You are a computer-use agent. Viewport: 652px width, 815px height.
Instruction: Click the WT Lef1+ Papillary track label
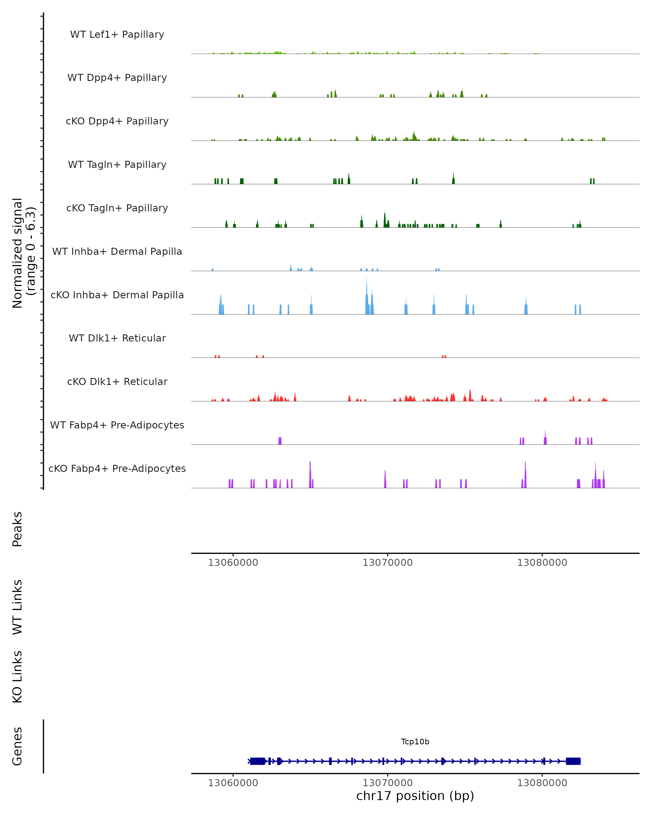(x=117, y=35)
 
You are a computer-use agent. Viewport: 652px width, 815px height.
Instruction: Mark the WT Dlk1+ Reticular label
(x=117, y=338)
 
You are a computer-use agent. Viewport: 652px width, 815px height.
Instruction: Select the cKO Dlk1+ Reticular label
(x=117, y=381)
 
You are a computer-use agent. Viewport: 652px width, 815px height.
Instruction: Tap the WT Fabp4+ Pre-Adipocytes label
(x=117, y=425)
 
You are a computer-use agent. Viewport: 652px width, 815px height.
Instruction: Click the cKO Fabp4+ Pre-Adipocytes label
(x=117, y=468)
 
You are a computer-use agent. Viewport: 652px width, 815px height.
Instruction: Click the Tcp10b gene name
(x=415, y=742)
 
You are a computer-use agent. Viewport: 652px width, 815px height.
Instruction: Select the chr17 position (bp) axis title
(x=415, y=796)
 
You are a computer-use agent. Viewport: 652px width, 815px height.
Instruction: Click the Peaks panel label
(x=17, y=529)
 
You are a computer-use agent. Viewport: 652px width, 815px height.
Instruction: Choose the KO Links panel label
(x=17, y=677)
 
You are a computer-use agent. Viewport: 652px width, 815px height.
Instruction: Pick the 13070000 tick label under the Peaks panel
(x=387, y=563)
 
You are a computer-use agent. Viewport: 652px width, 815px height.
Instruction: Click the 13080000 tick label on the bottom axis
(x=542, y=783)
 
